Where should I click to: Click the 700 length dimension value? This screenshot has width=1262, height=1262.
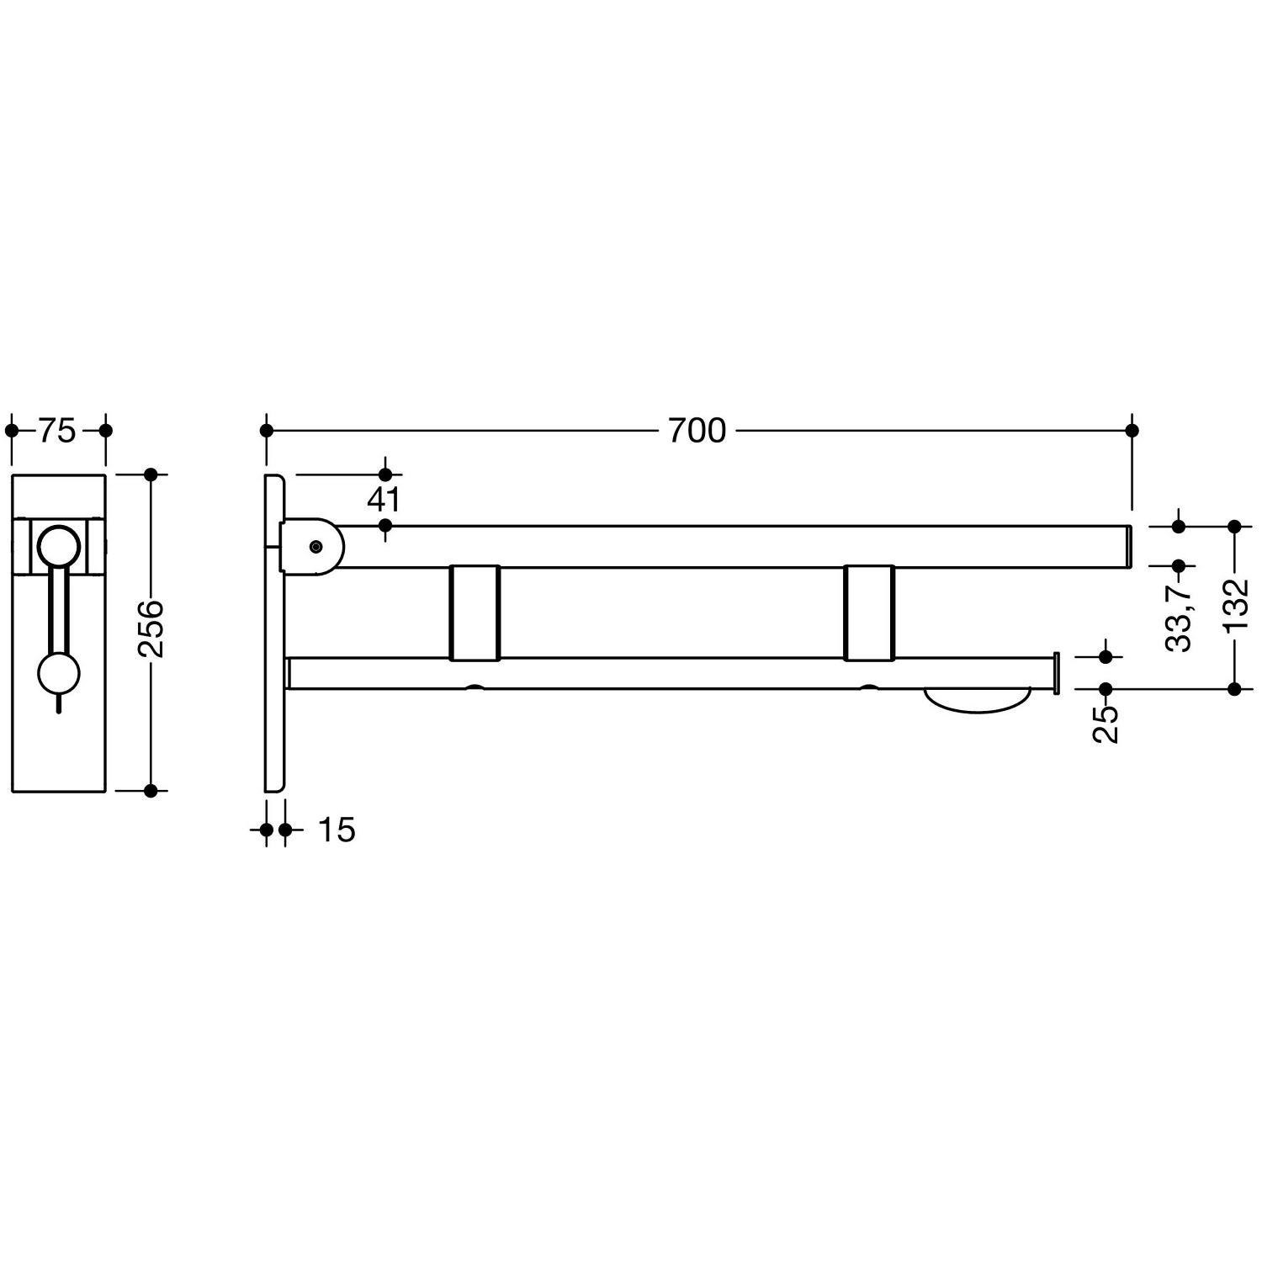(x=697, y=431)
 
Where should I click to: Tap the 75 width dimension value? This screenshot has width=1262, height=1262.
(x=57, y=431)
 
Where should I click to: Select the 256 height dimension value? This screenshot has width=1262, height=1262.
(x=151, y=628)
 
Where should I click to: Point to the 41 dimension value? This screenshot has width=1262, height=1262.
(x=384, y=500)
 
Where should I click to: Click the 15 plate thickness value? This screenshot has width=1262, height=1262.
(x=337, y=830)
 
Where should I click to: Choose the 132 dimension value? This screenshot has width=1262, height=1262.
(x=1235, y=607)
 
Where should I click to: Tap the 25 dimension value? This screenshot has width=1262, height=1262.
(x=1107, y=724)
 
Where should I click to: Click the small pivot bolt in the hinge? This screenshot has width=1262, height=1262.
(x=315, y=547)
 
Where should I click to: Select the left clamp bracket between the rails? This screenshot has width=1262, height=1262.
(x=475, y=612)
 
